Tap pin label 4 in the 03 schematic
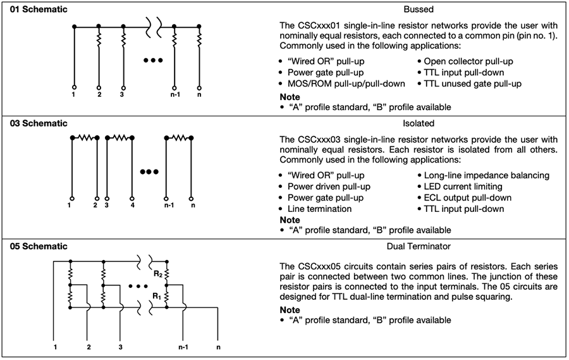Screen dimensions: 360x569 [133, 206]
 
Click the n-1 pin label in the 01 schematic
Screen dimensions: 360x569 [173, 94]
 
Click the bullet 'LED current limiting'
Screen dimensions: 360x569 [464, 186]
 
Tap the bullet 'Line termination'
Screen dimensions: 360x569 [319, 209]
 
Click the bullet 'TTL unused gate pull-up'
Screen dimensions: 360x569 [473, 84]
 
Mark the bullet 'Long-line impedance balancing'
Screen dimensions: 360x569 [483, 175]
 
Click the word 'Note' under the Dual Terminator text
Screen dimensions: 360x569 [290, 310]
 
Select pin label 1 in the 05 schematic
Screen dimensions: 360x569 [56, 347]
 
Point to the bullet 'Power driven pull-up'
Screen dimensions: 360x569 [329, 186]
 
